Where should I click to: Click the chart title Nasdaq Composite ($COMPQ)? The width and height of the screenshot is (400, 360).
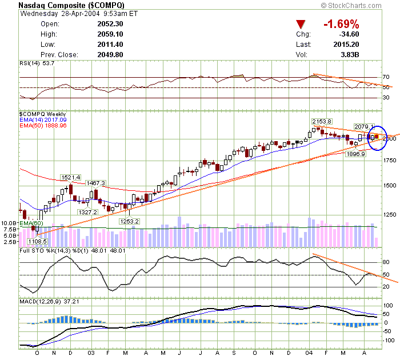click(71, 5)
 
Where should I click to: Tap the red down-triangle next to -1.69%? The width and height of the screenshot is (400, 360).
click(301, 24)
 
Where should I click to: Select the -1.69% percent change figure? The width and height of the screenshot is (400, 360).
click(341, 24)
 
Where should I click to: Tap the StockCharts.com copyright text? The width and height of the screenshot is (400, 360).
click(359, 5)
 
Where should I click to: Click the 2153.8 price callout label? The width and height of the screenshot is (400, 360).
click(322, 121)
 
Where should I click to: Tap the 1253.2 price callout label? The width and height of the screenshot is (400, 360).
click(129, 221)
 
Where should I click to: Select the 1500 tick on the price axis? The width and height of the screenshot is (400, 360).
click(390, 186)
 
